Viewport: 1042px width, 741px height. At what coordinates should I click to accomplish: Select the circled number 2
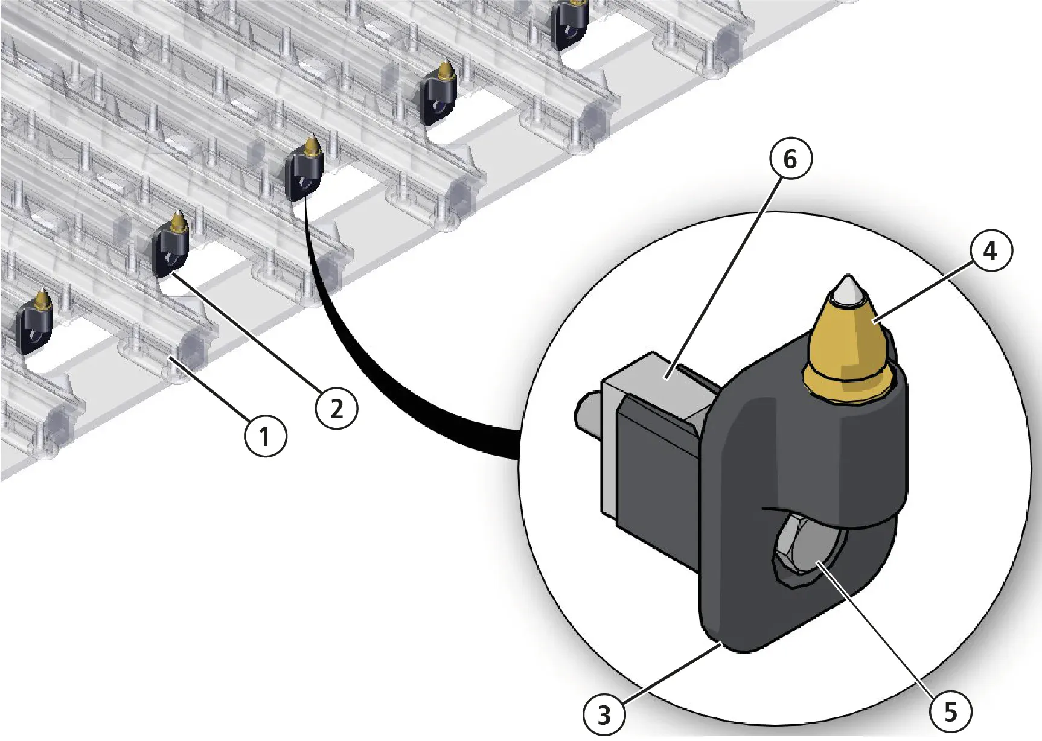[x=337, y=410]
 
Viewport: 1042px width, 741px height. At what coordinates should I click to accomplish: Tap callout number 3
[x=604, y=716]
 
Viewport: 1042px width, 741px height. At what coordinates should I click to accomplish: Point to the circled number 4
[x=990, y=250]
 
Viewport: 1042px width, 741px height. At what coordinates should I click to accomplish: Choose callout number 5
[x=950, y=713]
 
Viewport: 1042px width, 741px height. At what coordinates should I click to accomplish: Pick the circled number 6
[x=790, y=159]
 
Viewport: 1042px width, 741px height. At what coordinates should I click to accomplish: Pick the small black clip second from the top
[x=437, y=97]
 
